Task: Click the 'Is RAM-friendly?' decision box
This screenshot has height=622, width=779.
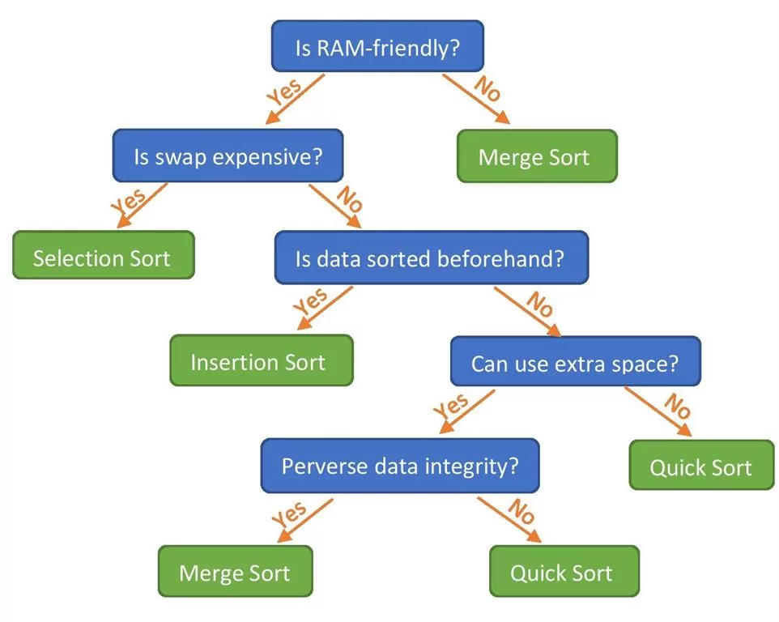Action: click(x=377, y=48)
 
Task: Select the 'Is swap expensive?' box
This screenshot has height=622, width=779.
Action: click(x=227, y=155)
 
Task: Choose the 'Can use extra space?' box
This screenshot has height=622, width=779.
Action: click(x=575, y=363)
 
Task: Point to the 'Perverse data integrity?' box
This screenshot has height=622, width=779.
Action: click(x=399, y=466)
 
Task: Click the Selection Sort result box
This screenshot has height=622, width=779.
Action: click(x=103, y=258)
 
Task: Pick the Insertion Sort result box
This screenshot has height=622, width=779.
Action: click(x=261, y=361)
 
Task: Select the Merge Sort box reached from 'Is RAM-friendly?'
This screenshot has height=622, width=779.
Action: click(x=535, y=155)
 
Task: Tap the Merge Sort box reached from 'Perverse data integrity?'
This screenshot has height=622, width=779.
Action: click(x=234, y=573)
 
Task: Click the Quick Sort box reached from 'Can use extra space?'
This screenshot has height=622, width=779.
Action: click(x=701, y=466)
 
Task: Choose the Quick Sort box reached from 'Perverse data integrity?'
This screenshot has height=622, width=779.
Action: click(x=564, y=573)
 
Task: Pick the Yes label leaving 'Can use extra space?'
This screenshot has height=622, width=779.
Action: click(x=452, y=407)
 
